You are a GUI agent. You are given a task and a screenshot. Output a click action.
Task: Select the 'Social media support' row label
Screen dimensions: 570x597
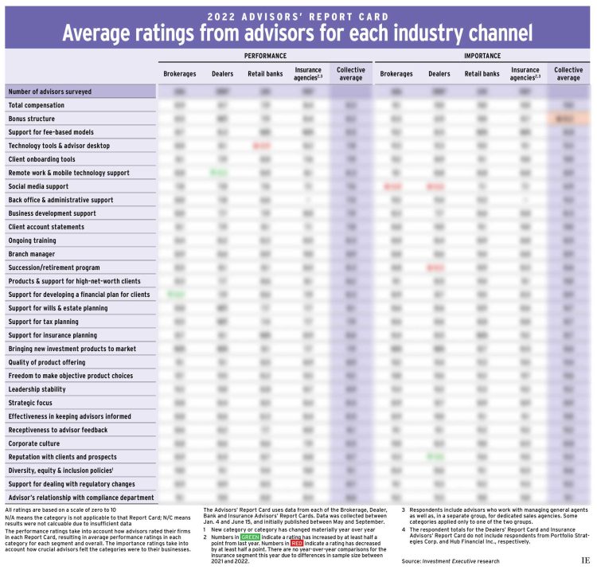(x=38, y=186)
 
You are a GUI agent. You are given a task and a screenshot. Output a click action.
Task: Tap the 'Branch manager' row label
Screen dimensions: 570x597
(x=31, y=254)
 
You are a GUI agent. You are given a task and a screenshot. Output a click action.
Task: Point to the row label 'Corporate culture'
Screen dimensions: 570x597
(x=34, y=443)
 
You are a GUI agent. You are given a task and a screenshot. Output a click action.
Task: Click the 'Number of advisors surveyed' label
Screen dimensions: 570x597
(x=49, y=92)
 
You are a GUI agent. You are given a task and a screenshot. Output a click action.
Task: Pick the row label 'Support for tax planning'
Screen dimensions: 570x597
(x=43, y=322)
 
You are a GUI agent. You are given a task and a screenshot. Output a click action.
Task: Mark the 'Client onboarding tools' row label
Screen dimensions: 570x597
(x=42, y=159)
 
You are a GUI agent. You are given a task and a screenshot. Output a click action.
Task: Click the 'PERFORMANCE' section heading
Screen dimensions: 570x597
(x=265, y=56)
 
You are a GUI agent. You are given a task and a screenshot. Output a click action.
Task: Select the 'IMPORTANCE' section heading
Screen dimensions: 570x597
(x=482, y=56)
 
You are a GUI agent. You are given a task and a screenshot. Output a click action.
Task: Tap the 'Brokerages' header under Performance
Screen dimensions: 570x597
(x=180, y=74)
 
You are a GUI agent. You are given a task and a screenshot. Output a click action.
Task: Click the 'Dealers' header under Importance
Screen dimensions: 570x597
(x=439, y=74)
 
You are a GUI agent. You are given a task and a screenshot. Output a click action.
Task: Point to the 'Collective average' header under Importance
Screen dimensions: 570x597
(x=568, y=74)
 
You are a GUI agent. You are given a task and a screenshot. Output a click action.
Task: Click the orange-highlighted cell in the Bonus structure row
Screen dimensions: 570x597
(x=568, y=119)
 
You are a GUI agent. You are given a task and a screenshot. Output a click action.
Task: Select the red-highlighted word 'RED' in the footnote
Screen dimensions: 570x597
(x=296, y=543)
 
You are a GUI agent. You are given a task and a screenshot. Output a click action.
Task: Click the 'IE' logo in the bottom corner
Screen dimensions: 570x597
(x=585, y=561)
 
